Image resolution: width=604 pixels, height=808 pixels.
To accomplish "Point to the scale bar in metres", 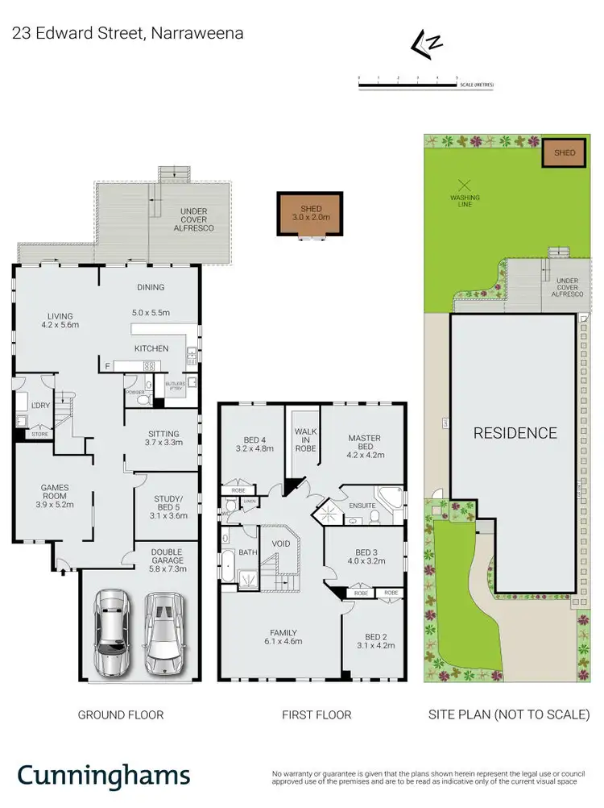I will point(408,80).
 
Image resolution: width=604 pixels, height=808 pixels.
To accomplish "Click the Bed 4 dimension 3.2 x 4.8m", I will point(251,448).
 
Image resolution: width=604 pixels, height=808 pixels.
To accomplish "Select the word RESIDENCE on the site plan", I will point(515,433).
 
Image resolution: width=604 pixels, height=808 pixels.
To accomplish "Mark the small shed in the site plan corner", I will point(564,152).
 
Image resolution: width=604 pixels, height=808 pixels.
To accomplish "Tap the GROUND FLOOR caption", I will point(120,714).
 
